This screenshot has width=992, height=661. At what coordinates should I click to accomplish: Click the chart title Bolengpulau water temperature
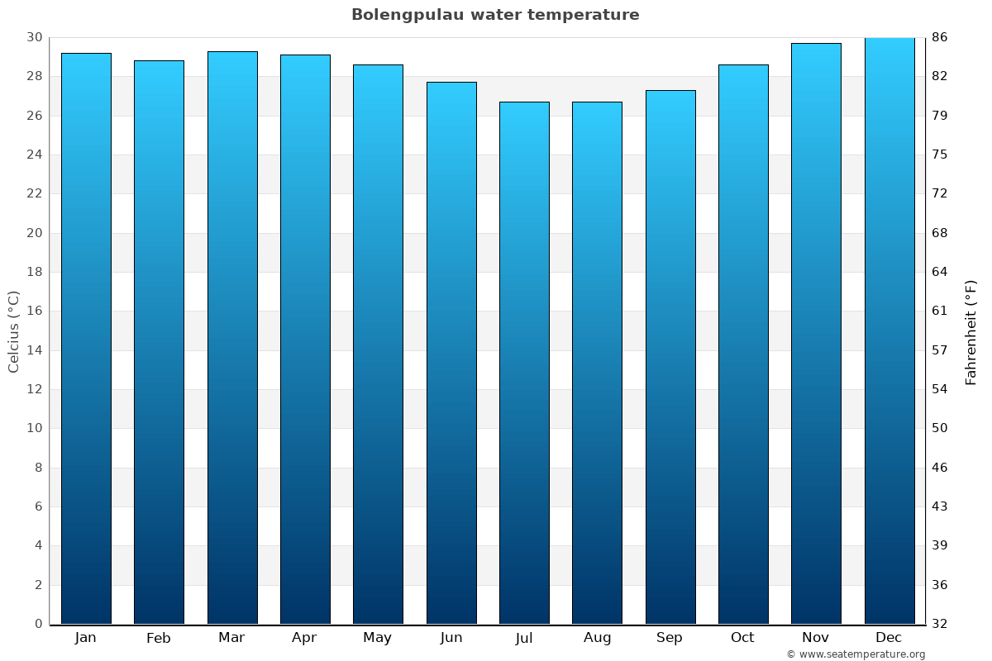tap(495, 15)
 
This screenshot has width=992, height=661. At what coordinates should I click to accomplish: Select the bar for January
tap(86, 339)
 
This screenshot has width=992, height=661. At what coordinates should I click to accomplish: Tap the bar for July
tap(524, 364)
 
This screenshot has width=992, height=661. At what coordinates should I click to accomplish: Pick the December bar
tap(889, 330)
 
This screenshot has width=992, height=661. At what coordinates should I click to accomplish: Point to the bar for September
tap(670, 357)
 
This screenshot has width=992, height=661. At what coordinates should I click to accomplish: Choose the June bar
tap(451, 353)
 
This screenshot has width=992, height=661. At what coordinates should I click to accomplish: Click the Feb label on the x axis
tap(159, 638)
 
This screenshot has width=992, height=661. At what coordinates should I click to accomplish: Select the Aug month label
tap(597, 638)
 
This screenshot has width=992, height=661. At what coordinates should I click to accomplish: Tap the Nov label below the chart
tap(816, 638)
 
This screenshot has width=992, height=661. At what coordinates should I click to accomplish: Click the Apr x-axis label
tap(304, 638)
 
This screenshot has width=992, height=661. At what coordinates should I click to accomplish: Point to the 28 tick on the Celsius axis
tap(35, 77)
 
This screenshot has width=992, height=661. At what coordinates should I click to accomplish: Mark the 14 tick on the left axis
tap(35, 350)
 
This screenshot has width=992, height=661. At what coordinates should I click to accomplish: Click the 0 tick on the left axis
tap(38, 624)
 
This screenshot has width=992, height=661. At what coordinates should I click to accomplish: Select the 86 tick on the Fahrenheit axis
tap(939, 37)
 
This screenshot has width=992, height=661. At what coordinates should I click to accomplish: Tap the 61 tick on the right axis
tap(939, 311)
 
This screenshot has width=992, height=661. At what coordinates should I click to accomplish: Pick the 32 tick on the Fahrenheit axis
tap(939, 624)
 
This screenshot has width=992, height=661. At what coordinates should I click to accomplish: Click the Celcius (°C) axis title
tap(13, 330)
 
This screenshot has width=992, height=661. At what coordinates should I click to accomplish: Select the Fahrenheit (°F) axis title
tap(971, 332)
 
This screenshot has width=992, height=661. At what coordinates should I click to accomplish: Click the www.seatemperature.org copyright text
tap(856, 654)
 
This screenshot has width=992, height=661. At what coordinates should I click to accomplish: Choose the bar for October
tap(743, 345)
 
